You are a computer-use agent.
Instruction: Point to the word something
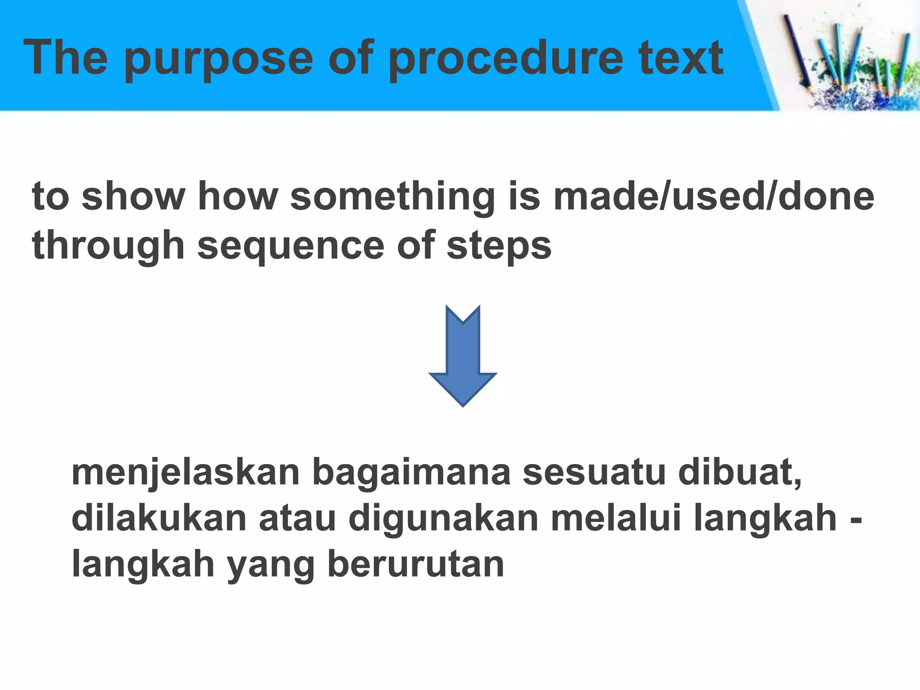click(x=393, y=198)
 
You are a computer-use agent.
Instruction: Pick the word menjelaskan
click(x=186, y=473)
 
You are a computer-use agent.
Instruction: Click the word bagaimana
click(x=411, y=473)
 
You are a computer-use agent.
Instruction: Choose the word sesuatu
click(x=594, y=472)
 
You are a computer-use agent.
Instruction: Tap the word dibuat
click(x=739, y=472)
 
